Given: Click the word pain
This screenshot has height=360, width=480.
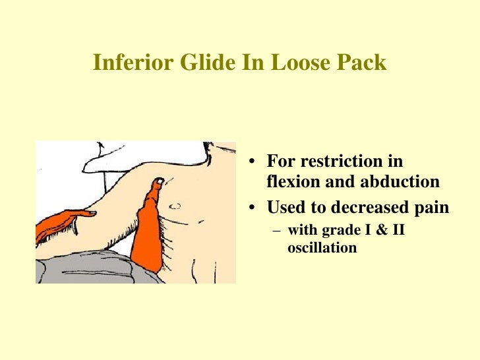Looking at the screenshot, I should (432, 208).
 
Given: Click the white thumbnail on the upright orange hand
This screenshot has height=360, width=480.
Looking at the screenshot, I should (158, 181).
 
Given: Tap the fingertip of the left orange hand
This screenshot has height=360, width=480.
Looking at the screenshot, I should (93, 213).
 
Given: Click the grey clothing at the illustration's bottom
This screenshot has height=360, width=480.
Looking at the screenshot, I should (92, 267).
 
